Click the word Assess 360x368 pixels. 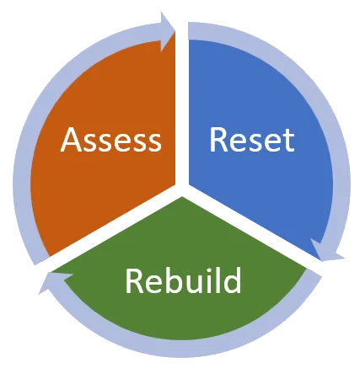(x=111, y=140)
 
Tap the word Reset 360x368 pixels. (x=252, y=140)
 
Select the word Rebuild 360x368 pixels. (x=183, y=280)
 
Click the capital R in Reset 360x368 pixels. (x=218, y=140)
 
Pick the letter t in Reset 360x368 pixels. (x=288, y=141)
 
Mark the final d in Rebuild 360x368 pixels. (x=232, y=280)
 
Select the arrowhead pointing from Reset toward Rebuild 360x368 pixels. (x=327, y=250)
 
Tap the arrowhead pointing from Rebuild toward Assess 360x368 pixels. (x=56, y=282)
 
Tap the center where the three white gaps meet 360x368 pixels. (x=182, y=190)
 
